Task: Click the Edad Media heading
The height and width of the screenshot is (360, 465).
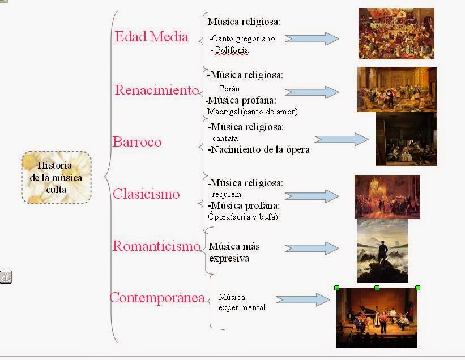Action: click(151, 37)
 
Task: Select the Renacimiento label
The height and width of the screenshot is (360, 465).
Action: click(157, 90)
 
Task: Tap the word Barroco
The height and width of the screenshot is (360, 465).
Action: click(136, 142)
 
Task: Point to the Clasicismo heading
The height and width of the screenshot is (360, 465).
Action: click(146, 194)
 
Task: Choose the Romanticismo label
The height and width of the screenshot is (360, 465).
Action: click(156, 246)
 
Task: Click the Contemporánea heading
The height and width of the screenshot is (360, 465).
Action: click(157, 298)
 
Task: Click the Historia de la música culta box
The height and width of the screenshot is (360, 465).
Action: click(56, 178)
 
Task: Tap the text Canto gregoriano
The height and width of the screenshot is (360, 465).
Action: click(243, 39)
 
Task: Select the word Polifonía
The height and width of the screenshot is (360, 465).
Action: click(231, 50)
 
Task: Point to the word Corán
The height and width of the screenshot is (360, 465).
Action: click(229, 89)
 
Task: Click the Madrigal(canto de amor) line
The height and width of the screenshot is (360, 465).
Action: click(252, 111)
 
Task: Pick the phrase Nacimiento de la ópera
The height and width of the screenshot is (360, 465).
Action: click(259, 150)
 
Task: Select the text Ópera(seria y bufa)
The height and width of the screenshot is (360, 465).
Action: click(243, 216)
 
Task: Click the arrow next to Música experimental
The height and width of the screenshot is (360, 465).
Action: click(302, 300)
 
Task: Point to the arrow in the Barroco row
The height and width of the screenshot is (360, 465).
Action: click(341, 140)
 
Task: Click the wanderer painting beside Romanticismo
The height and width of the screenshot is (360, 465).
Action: click(383, 251)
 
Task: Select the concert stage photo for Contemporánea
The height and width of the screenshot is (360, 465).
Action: click(377, 319)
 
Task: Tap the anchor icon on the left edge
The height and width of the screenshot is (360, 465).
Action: click(6, 277)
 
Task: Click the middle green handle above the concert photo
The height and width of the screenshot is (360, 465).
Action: click(377, 288)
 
